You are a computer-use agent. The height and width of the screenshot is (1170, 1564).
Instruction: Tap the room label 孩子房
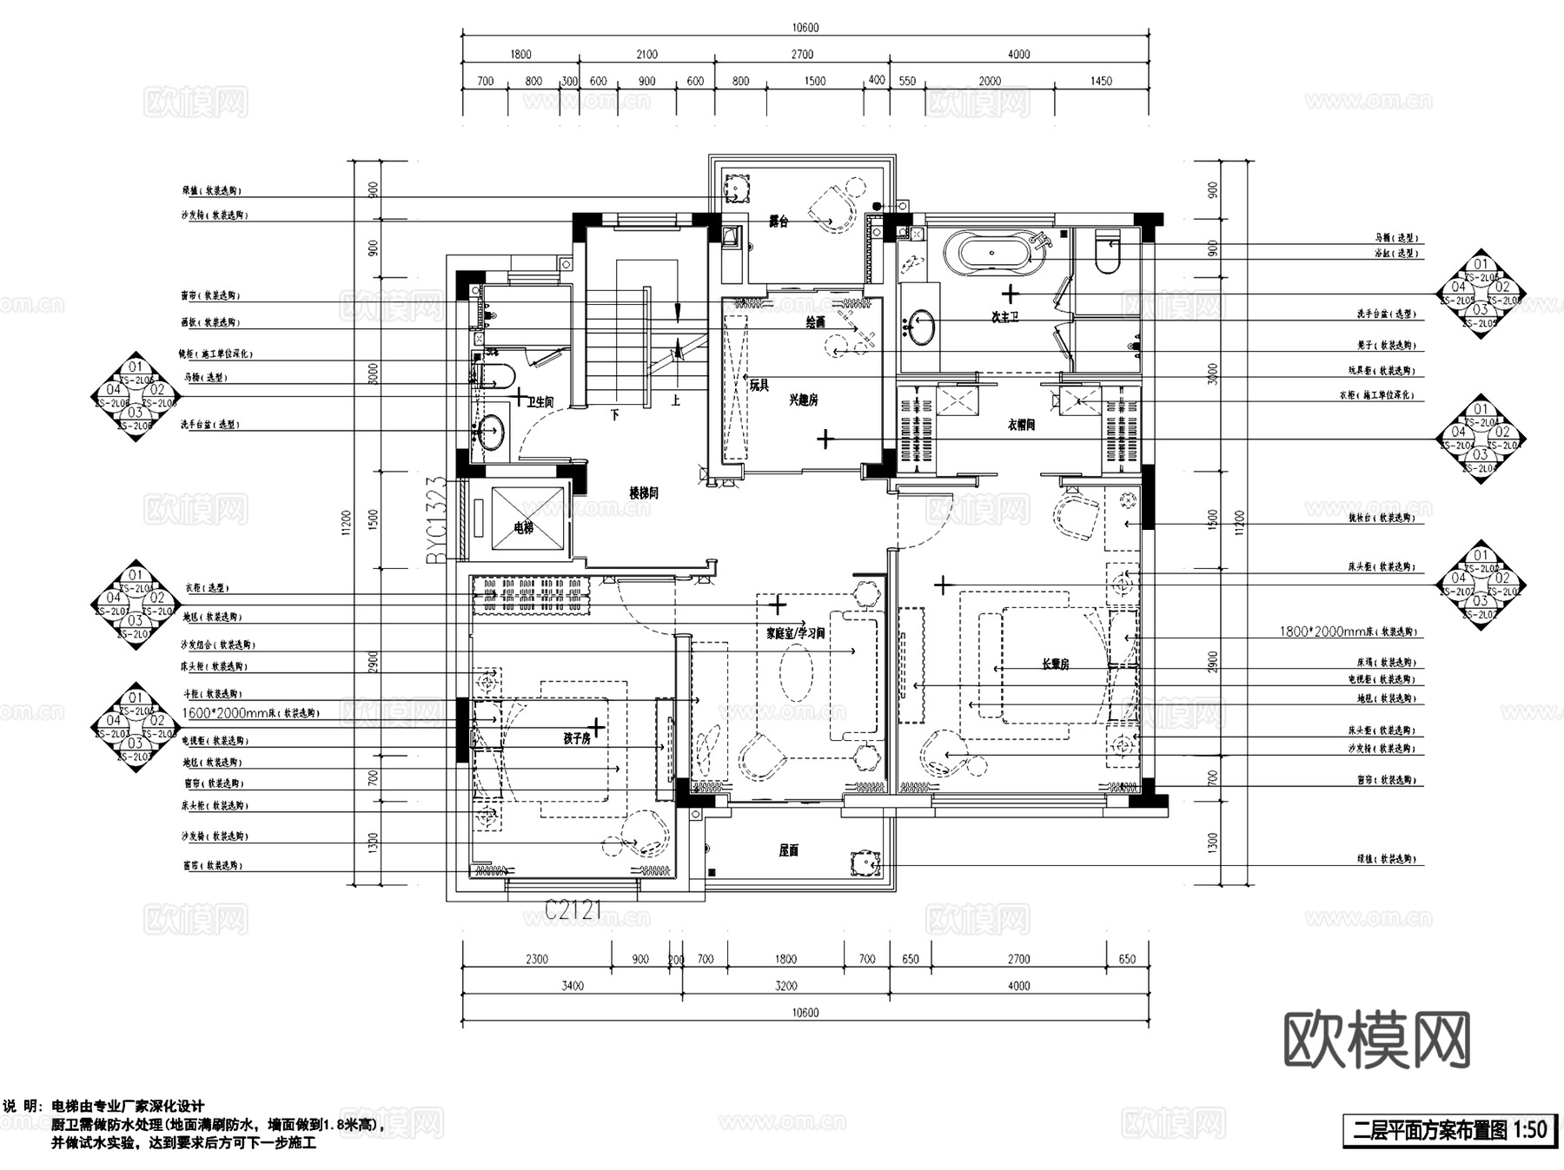[x=577, y=738]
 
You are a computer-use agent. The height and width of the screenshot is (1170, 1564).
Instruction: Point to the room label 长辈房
[x=1055, y=664]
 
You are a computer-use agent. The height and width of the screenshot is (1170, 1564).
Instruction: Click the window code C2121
[x=573, y=910]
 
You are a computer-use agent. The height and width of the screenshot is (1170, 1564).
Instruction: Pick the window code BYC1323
[x=437, y=520]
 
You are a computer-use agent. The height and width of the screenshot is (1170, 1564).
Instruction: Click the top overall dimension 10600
[x=805, y=28]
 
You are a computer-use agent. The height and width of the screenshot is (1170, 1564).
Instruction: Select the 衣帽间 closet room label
[x=1021, y=426]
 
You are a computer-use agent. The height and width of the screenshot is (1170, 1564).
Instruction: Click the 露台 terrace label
[x=779, y=222]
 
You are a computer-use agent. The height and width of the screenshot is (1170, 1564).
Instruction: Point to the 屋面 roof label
[x=788, y=851]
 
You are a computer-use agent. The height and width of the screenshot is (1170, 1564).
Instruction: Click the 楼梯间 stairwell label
[x=644, y=492]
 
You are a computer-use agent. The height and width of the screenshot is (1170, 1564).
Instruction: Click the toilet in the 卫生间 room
[x=496, y=377]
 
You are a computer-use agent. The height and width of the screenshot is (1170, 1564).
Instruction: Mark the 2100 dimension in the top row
[x=646, y=55]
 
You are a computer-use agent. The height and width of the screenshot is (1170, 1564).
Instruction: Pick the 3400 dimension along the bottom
[x=573, y=986]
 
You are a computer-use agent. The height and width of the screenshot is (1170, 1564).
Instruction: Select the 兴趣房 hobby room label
[x=803, y=400]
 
